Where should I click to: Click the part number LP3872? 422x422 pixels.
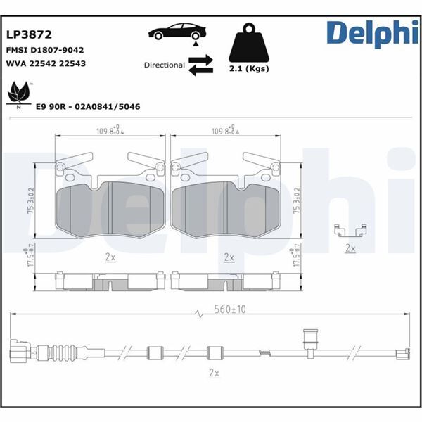click(29, 33)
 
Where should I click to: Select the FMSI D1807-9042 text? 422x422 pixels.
click(46, 51)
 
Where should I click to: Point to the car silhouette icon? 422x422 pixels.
click(177, 33)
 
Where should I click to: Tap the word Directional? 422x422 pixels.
click(164, 65)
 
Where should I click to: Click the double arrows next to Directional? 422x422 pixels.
click(200, 65)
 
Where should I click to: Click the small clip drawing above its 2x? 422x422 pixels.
click(350, 232)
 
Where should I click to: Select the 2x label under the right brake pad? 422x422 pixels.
click(228, 257)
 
